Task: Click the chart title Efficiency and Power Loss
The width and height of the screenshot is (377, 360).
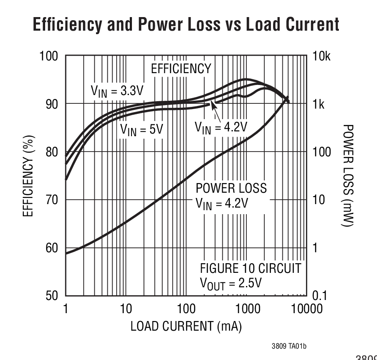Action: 186,25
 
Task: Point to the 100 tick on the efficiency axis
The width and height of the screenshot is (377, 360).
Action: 50,57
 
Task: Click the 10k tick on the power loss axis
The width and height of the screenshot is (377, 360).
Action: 322,57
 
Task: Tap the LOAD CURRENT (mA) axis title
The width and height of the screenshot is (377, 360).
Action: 186,327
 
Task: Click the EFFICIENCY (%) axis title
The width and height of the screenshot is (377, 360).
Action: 29,176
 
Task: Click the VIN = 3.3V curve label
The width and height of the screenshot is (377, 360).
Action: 117,91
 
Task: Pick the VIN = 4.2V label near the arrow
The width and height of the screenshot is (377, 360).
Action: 221,127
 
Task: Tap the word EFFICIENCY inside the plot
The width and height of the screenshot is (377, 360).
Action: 181,69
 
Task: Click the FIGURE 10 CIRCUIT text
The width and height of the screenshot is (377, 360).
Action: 250,268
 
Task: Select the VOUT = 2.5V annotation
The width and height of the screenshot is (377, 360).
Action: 231,283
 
